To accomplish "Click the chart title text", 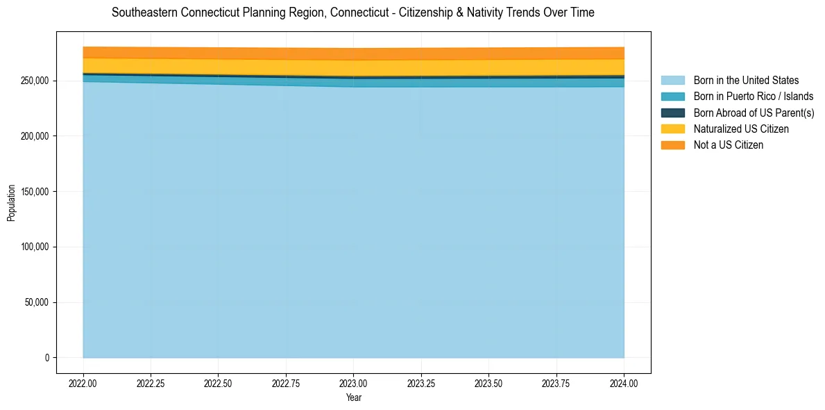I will (x=353, y=13).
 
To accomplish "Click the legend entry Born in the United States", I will (x=746, y=81).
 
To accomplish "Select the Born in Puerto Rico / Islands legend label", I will (x=754, y=97).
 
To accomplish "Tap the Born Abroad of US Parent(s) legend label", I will (x=754, y=113).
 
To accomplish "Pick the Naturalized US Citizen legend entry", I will (x=741, y=129).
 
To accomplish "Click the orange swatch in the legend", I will (x=672, y=145).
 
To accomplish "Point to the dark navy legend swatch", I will (x=672, y=113).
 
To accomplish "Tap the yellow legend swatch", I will (x=672, y=129).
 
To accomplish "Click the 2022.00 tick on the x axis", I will (x=83, y=383).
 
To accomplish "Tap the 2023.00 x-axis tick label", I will (x=353, y=383).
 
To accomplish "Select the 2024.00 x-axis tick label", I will (x=624, y=383).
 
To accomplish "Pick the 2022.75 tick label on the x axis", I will (x=286, y=383).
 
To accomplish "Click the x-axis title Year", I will (x=353, y=398).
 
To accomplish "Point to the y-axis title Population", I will (x=11, y=203).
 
